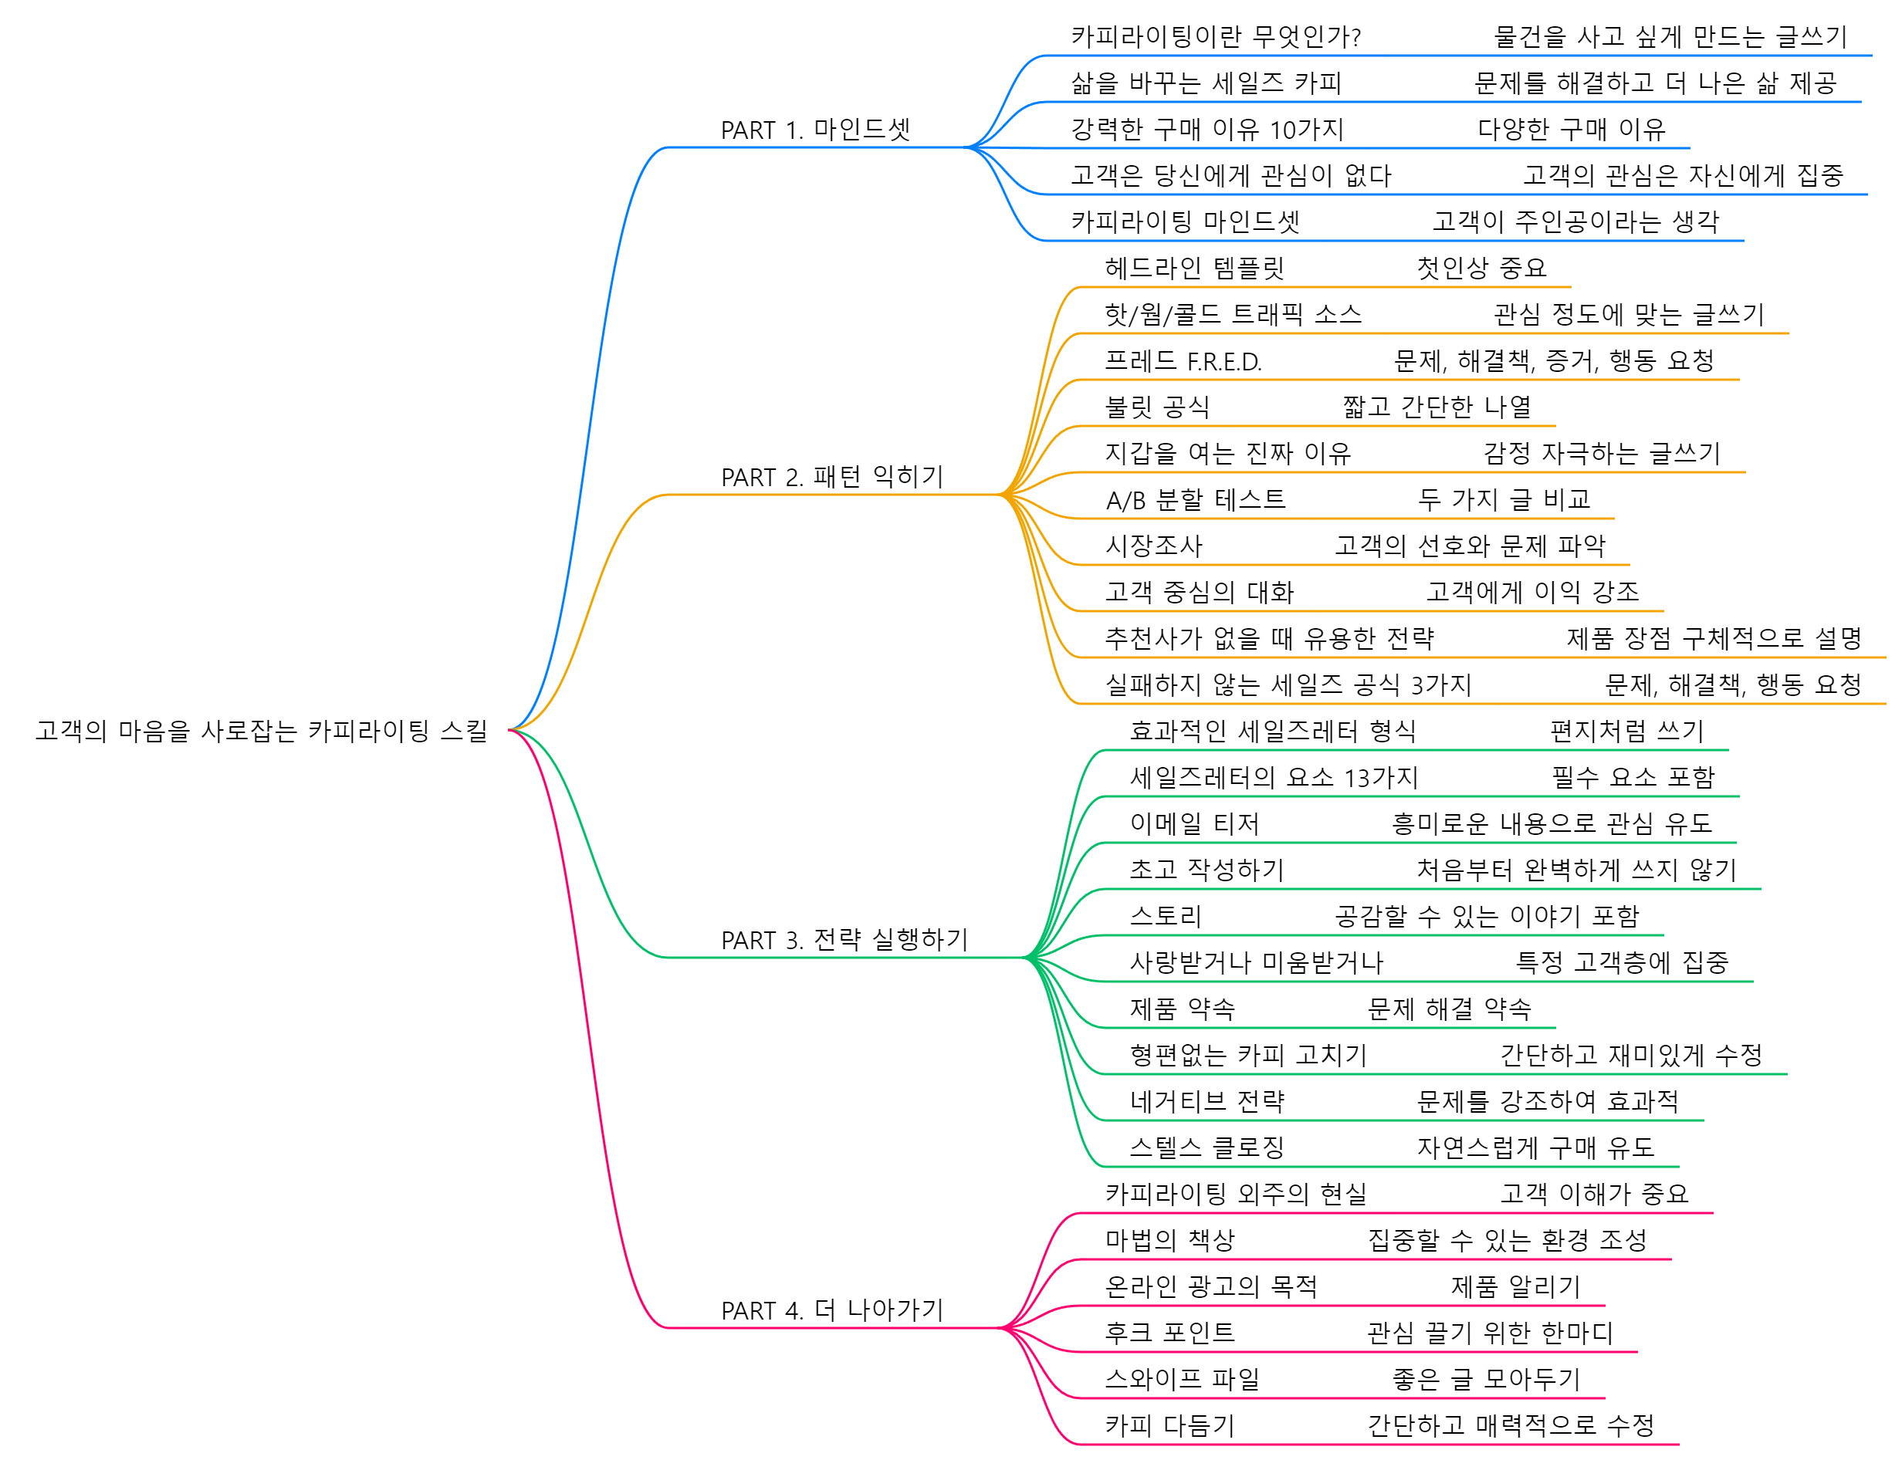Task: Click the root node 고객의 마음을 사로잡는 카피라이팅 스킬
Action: [261, 731]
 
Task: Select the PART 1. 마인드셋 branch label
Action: [814, 130]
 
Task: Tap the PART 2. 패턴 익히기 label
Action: [831, 477]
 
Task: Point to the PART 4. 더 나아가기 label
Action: [831, 1310]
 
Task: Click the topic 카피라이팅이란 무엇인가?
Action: [1214, 37]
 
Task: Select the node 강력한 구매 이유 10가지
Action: [1207, 130]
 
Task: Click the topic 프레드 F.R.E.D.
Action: [1183, 361]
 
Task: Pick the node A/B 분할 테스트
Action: [1194, 501]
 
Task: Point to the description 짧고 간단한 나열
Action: [1436, 407]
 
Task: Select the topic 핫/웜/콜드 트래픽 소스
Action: [1232, 315]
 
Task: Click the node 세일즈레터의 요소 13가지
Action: [1273, 778]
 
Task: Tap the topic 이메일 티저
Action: [1193, 824]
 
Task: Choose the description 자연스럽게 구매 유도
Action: [1535, 1148]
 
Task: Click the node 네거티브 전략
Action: [1207, 1102]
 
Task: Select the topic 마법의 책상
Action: [1169, 1241]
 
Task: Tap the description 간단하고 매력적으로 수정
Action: [1510, 1426]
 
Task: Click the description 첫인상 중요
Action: [1481, 269]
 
